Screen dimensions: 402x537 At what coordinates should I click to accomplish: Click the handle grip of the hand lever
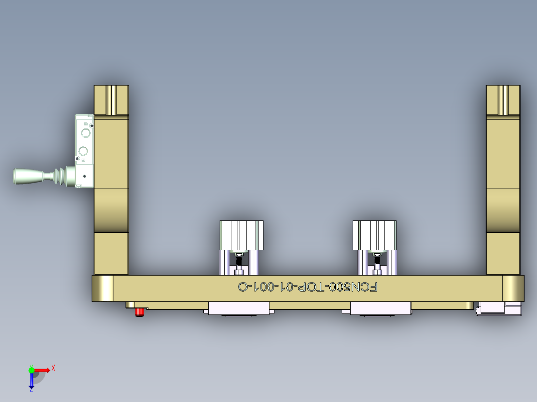28,176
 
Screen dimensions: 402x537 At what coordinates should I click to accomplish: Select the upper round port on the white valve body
85,133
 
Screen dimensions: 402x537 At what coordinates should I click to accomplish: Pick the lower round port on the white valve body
84,151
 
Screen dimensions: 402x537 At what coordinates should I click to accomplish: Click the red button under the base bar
140,312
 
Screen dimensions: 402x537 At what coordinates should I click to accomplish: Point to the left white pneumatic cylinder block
242,235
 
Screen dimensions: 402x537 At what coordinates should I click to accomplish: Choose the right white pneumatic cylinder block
375,235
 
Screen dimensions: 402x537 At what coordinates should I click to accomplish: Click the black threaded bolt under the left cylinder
240,260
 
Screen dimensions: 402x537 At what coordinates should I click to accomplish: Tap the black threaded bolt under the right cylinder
377,260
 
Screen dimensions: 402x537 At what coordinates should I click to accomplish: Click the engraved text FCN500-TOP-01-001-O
308,287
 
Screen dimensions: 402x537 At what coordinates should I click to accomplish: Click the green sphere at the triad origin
31,370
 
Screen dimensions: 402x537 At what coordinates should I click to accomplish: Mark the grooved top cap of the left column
111,100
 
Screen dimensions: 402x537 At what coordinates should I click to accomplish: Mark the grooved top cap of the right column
503,100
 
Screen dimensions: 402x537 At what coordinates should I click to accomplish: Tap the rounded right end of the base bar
513,288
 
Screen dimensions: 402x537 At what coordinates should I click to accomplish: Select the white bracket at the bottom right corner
498,308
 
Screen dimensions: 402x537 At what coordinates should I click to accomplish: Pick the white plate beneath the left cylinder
240,308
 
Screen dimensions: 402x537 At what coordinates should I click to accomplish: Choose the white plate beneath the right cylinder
381,308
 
